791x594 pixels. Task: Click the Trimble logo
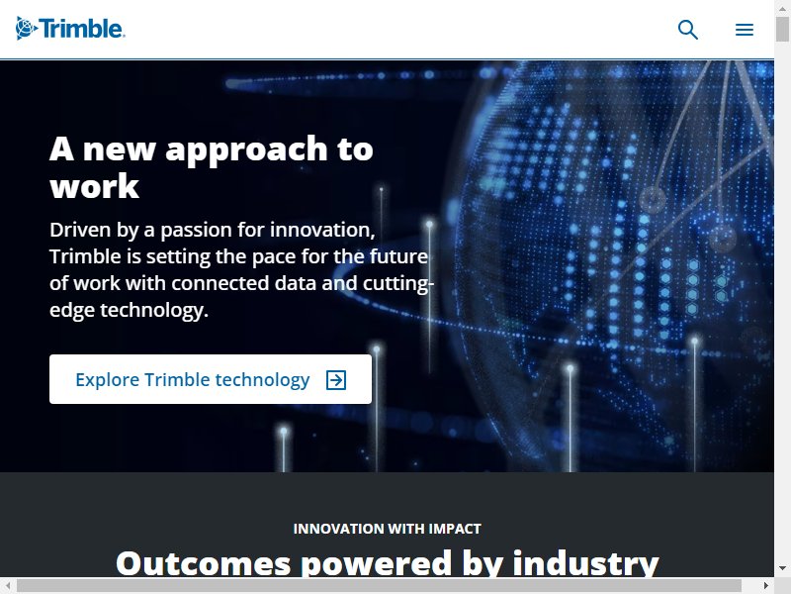click(x=70, y=29)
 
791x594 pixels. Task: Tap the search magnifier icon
click(x=687, y=30)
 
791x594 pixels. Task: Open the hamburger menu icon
click(x=745, y=30)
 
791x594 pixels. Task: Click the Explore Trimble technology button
click(x=211, y=379)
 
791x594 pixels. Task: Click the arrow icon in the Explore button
click(x=336, y=380)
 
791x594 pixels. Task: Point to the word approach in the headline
click(x=246, y=150)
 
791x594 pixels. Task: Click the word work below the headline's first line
click(x=94, y=186)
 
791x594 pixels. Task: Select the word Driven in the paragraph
click(x=80, y=230)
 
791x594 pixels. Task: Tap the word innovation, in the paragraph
click(x=322, y=230)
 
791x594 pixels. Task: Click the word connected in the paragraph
click(x=220, y=283)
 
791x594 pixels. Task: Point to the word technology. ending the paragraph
click(x=154, y=310)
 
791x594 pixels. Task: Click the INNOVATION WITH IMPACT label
click(x=387, y=529)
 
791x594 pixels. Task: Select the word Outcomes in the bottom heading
click(x=204, y=563)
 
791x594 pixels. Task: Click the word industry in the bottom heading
click(x=585, y=562)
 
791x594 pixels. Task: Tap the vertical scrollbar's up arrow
click(x=782, y=8)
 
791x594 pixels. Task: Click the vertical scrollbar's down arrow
click(x=782, y=568)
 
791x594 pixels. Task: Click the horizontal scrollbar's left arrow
click(x=8, y=585)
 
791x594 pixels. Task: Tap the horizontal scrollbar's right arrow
click(x=765, y=585)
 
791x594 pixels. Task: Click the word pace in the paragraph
click(x=274, y=257)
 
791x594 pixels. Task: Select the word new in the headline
click(x=119, y=150)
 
